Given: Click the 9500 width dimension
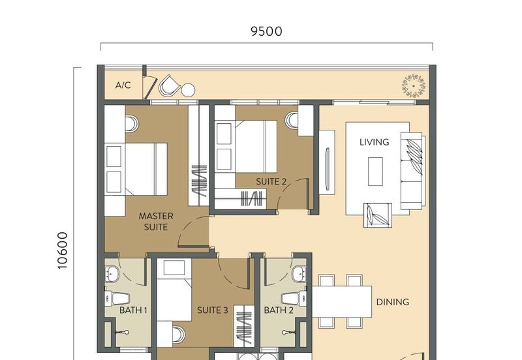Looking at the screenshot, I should click(x=266, y=31).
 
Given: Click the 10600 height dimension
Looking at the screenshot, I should click(x=63, y=251).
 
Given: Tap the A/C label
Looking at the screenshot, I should click(x=123, y=85).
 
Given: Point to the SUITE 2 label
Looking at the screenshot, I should click(x=271, y=182).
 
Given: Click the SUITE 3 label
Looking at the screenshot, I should click(x=213, y=310).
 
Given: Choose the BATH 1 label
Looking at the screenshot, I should click(x=133, y=310).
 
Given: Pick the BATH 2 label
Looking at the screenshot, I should click(x=278, y=310).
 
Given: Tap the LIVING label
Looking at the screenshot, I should click(x=375, y=142).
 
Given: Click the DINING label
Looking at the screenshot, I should click(x=393, y=302).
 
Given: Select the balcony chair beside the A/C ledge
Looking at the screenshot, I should click(x=170, y=85).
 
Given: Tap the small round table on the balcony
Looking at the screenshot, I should click(x=188, y=90).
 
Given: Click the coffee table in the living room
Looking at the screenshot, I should click(x=376, y=172).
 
